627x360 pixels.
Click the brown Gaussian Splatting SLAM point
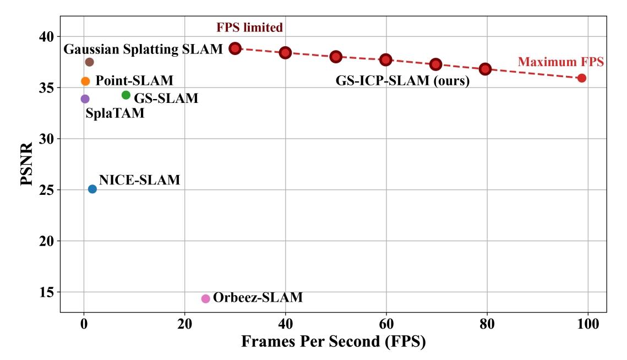tap(89, 62)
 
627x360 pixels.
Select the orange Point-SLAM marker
tap(85, 81)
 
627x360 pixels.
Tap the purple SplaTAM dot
tap(85, 99)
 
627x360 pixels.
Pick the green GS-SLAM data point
tap(126, 95)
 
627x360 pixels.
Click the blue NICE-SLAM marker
tap(92, 189)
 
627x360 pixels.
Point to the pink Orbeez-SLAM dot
tap(205, 298)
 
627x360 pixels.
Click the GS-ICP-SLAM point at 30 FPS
tap(235, 48)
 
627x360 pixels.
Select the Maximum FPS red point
tap(582, 78)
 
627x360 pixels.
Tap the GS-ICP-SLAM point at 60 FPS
tap(385, 59)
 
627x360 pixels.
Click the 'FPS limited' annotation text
tap(250, 28)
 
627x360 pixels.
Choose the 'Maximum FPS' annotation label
tap(561, 62)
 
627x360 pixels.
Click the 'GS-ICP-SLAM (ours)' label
tap(402, 81)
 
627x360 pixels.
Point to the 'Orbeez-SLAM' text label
tap(258, 298)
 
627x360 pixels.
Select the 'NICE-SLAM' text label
tap(139, 180)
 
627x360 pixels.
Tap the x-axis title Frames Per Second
tap(333, 342)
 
